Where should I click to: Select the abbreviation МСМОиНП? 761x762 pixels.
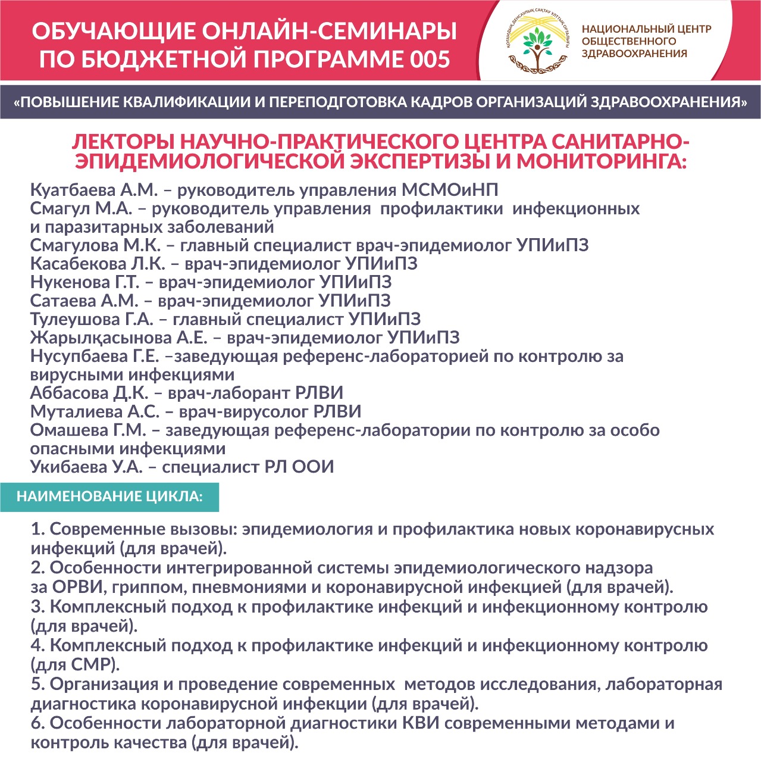[x=450, y=190]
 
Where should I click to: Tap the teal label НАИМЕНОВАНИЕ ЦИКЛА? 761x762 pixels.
[x=109, y=497]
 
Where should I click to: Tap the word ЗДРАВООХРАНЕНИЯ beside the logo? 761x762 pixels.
[x=634, y=54]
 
